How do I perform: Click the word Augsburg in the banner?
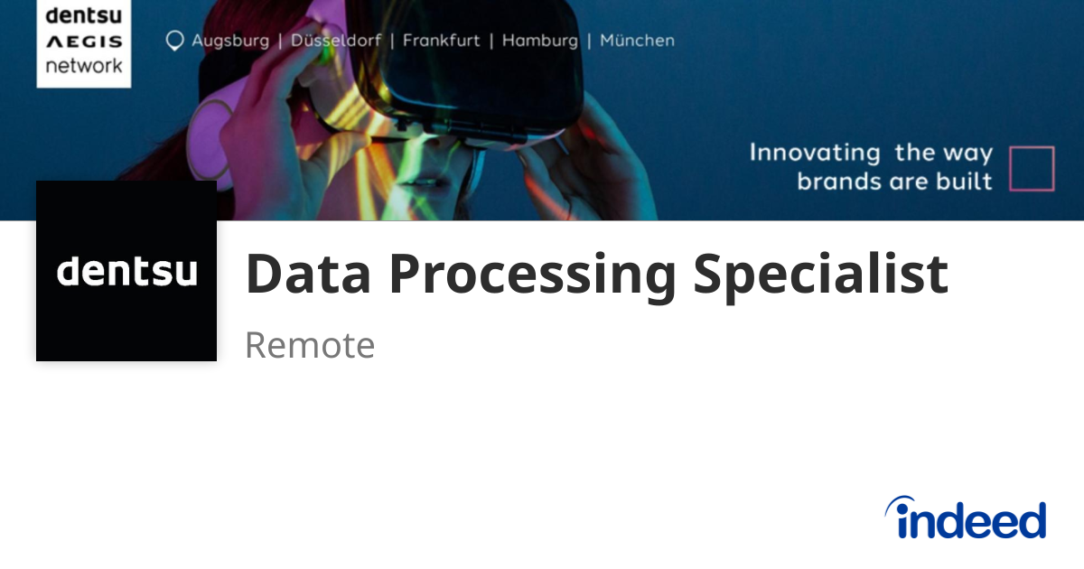tap(229, 41)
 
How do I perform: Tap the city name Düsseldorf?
tap(336, 41)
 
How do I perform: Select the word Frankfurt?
tap(442, 41)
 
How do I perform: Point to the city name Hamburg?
tap(539, 41)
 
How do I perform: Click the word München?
tap(637, 41)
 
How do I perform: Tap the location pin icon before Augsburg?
tap(174, 42)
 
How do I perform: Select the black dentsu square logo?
tap(126, 271)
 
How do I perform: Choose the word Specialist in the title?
tap(820, 274)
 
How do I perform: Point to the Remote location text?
tap(310, 345)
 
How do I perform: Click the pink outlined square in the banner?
tap(1032, 169)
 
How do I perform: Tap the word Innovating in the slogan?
tap(815, 153)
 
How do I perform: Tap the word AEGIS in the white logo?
tap(83, 42)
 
